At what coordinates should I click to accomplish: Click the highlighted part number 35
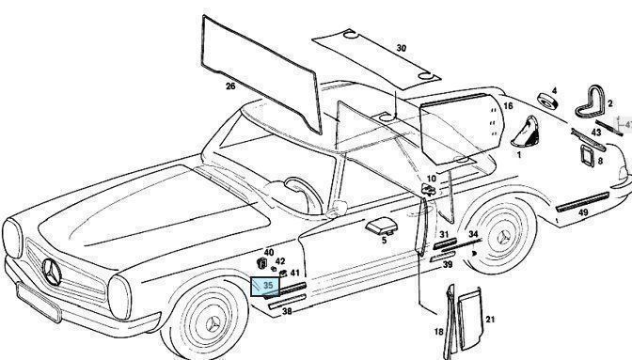[268, 286]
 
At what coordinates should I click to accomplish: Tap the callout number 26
[230, 86]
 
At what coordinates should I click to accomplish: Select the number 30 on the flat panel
[401, 48]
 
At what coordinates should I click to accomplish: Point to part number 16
[508, 106]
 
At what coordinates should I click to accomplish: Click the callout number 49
[583, 212]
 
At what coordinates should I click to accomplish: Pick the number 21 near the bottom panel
[490, 320]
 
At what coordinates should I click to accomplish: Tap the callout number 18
[438, 332]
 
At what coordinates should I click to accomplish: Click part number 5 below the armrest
[384, 241]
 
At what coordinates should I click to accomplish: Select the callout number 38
[287, 311]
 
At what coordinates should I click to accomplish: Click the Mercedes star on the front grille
[52, 272]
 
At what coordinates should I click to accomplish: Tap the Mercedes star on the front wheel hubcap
[213, 324]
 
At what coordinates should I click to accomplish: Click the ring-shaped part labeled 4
[548, 101]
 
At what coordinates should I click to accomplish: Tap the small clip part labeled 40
[261, 263]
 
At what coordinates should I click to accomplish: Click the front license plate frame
[39, 302]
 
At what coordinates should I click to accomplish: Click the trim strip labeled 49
[582, 202]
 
